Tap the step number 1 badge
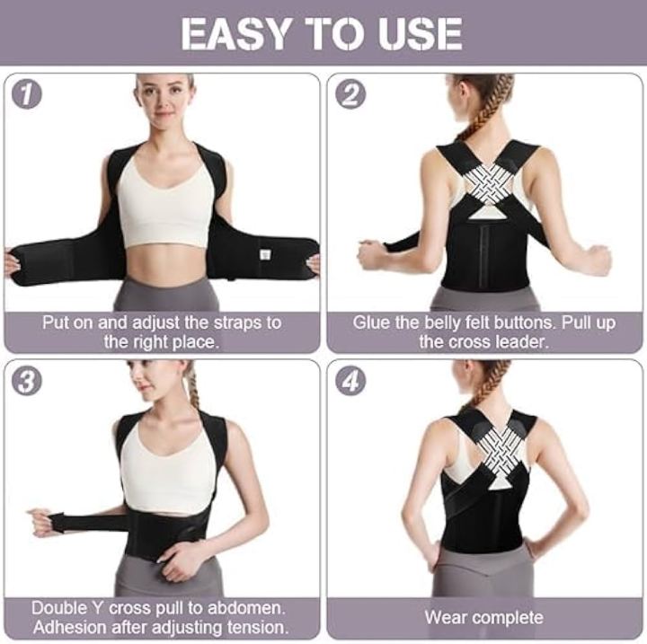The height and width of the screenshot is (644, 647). [27, 94]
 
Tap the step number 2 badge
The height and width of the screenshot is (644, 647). [350, 94]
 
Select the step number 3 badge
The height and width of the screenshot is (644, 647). [27, 381]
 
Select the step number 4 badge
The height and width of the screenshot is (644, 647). [350, 381]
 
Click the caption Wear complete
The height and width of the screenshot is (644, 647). [483, 618]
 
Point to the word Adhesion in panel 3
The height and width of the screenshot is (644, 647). [69, 628]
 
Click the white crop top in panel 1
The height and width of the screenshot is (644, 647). [166, 203]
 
